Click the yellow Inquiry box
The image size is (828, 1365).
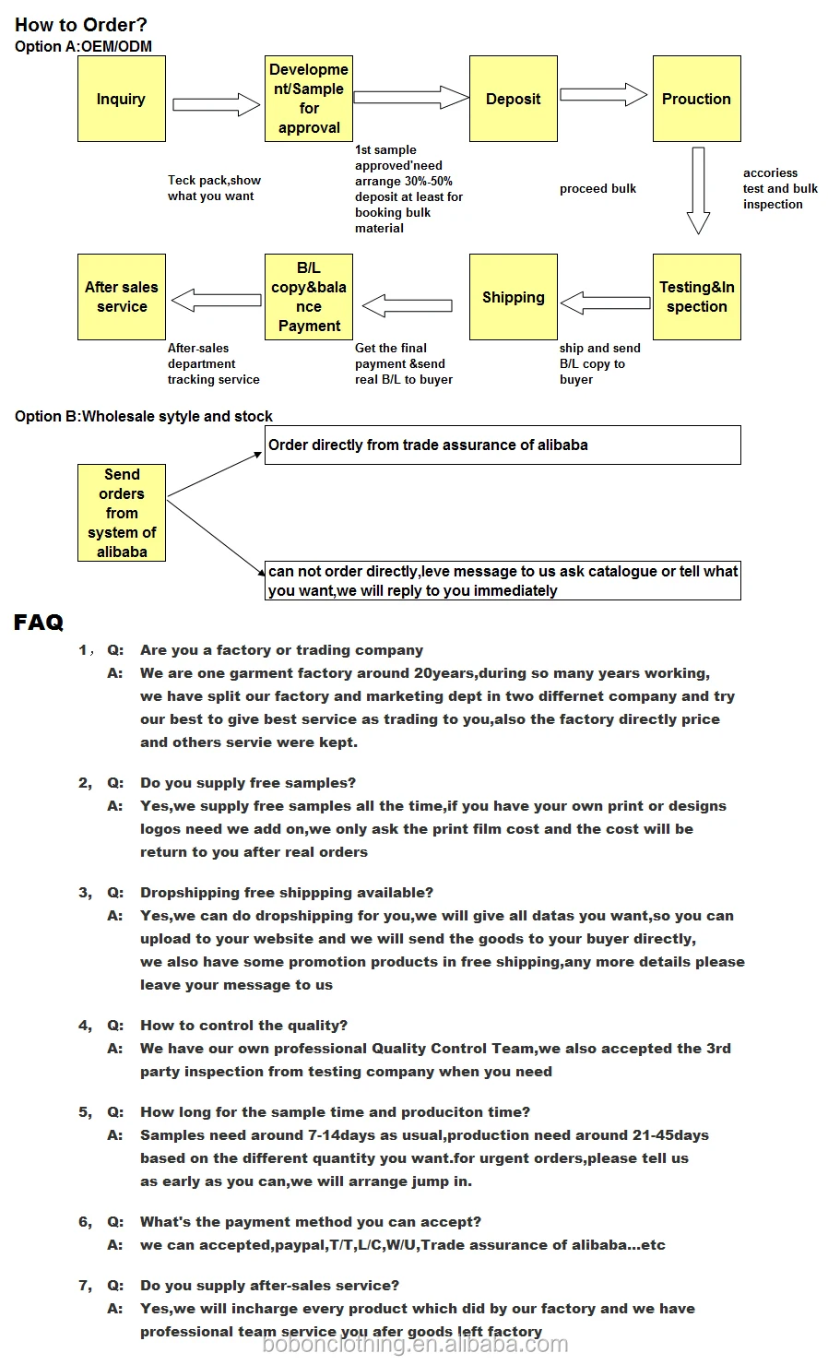[x=122, y=99]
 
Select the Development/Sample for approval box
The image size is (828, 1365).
[x=309, y=99]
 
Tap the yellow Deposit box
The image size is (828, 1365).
[x=514, y=99]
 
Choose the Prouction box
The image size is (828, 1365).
[x=696, y=99]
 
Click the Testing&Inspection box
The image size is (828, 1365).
[x=696, y=297]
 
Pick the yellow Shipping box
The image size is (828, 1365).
[x=514, y=297]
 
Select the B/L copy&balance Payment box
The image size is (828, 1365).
[x=309, y=297]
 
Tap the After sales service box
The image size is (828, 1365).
[x=122, y=297]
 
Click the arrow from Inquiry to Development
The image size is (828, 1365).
[x=217, y=104]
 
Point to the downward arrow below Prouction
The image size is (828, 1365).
[x=698, y=190]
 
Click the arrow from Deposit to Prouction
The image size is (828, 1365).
[x=604, y=94]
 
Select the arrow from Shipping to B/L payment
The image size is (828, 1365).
[x=407, y=304]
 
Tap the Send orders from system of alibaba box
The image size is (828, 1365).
[x=122, y=513]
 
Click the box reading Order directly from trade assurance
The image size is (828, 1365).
[x=503, y=445]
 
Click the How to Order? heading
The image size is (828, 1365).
[x=81, y=25]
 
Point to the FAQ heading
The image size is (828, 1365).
[x=39, y=623]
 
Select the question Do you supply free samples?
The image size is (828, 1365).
[x=247, y=783]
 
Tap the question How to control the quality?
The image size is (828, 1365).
[x=243, y=1026]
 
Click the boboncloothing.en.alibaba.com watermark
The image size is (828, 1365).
[x=415, y=1345]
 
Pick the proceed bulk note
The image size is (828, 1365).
[x=597, y=189]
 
